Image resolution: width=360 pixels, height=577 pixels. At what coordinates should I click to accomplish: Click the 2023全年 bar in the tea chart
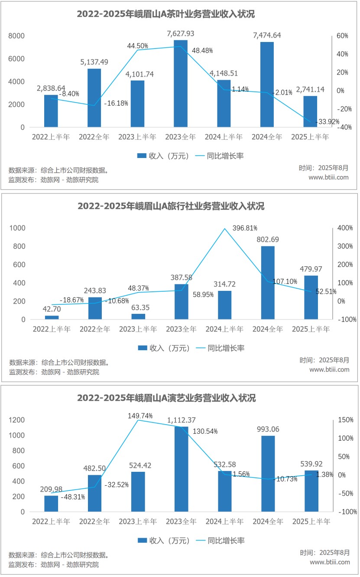[x=181, y=84]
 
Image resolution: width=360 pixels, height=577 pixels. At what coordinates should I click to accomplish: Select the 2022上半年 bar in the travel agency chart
[x=52, y=317]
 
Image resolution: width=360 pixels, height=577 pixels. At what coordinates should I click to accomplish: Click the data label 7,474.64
[x=267, y=35]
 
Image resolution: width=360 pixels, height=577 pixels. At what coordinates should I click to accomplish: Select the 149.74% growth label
[x=140, y=416]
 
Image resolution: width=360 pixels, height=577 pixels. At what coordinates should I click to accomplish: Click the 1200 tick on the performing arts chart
[x=17, y=420]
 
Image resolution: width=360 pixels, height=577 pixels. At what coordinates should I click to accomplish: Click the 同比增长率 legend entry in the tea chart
[x=219, y=156]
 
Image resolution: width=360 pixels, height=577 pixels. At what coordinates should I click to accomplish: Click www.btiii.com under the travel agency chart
[x=329, y=369]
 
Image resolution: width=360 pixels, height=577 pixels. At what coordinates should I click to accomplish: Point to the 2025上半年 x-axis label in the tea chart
[x=310, y=137]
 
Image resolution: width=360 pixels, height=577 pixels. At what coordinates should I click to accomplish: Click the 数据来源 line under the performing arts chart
[x=58, y=555]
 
